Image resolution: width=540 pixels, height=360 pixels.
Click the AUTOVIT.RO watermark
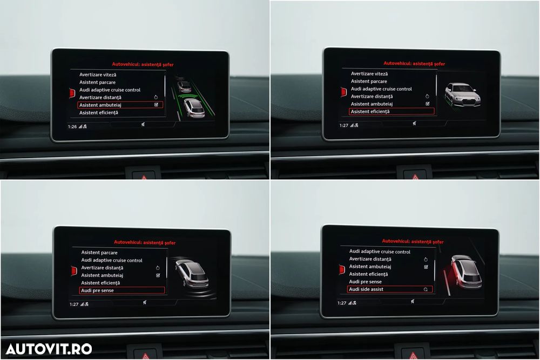pyautogui.click(x=49, y=349)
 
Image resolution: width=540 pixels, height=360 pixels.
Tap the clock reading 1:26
pyautogui.click(x=72, y=127)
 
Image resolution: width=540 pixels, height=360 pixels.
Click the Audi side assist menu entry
pyautogui.click(x=366, y=289)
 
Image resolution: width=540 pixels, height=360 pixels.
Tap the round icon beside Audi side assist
pyautogui.click(x=426, y=289)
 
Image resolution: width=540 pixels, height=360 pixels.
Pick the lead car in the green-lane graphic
pyautogui.click(x=184, y=86)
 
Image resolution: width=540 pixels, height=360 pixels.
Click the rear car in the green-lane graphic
pyautogui.click(x=194, y=108)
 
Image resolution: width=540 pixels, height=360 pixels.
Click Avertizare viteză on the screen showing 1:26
pyautogui.click(x=98, y=74)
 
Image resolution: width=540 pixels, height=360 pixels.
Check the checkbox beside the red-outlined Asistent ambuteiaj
pyautogui.click(x=157, y=105)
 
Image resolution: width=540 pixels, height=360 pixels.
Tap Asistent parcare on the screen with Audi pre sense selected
pyautogui.click(x=99, y=253)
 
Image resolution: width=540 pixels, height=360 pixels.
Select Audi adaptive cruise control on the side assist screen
pyautogui.click(x=380, y=252)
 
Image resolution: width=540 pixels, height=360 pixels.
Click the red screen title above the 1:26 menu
pyautogui.click(x=143, y=64)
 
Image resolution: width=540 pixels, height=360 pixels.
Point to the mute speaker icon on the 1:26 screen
pyautogui.click(x=143, y=125)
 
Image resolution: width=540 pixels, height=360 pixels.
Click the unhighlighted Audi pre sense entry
pyautogui.click(x=365, y=282)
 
